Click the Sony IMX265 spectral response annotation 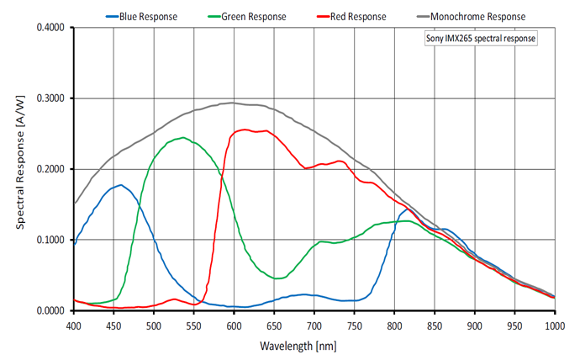tap(480, 39)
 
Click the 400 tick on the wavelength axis tap(74, 325)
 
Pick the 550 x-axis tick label tap(194, 325)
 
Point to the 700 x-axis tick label tap(314, 325)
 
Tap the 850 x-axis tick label tap(435, 325)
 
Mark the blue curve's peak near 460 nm tap(121, 185)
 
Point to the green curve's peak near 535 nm tap(182, 137)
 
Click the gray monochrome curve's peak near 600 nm tap(233, 103)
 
